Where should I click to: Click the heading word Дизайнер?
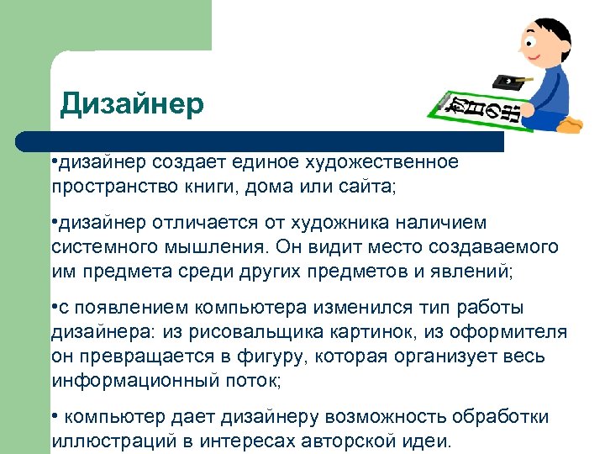point(132,104)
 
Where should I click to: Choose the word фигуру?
point(253,356)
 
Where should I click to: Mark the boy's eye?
point(532,38)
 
